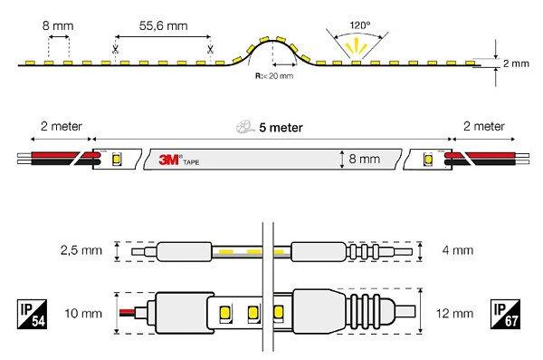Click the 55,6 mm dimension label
click(x=164, y=25)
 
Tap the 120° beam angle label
click(x=360, y=25)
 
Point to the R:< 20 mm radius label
click(x=274, y=75)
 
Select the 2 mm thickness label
click(x=516, y=63)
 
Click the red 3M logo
click(x=168, y=160)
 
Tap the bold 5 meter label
click(x=281, y=128)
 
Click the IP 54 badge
click(x=32, y=314)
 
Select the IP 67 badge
click(x=505, y=314)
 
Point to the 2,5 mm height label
click(x=81, y=250)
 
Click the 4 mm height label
click(x=458, y=250)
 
